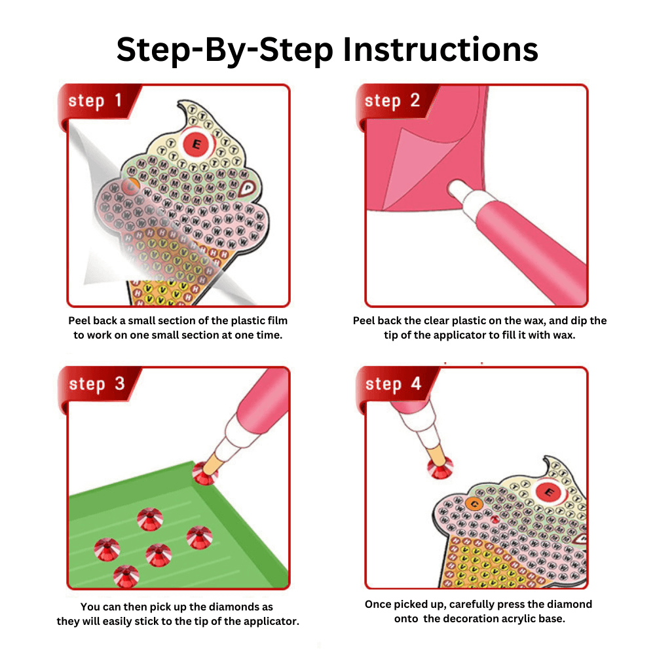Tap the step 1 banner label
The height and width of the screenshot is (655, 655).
point(95,101)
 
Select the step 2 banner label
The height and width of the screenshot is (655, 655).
point(392,101)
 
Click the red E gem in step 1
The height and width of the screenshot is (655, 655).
point(196,144)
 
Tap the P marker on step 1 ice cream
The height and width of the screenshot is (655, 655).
point(248,189)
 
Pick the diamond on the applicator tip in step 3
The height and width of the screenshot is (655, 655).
point(204,474)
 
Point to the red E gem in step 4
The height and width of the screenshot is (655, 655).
point(549,492)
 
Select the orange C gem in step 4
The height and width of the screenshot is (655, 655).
point(474,504)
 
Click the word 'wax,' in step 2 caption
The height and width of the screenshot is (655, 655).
point(526,321)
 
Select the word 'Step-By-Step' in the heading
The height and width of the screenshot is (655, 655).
point(225,50)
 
